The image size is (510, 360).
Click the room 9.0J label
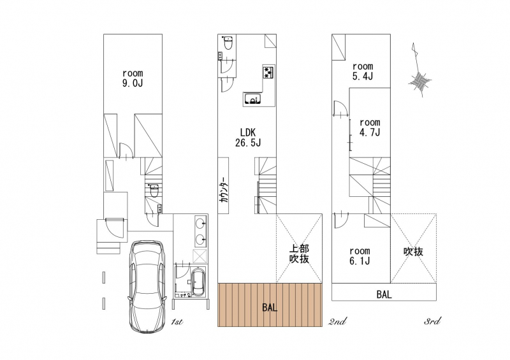[x=133, y=78]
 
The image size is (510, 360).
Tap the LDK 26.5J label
[x=248, y=137]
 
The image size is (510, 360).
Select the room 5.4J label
[x=363, y=71]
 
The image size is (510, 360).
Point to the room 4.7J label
[x=370, y=127]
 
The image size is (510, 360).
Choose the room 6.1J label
[x=360, y=256]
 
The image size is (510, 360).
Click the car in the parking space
[x=147, y=287]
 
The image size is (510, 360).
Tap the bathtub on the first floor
[x=198, y=282]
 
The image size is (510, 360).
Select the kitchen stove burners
[x=268, y=71]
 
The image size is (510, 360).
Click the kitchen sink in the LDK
[x=252, y=99]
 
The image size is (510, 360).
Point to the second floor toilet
[x=228, y=43]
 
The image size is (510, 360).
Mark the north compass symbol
[x=419, y=70]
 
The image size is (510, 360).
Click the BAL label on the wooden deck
[x=270, y=307]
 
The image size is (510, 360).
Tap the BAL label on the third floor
[x=384, y=294]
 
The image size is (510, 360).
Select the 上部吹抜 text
[x=299, y=254]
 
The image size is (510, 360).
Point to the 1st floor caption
[x=177, y=322]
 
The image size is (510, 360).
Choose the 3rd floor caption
[x=433, y=321]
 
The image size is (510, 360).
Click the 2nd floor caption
[x=337, y=322]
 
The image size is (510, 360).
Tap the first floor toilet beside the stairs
[x=154, y=191]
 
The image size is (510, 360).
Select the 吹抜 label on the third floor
[x=413, y=252]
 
